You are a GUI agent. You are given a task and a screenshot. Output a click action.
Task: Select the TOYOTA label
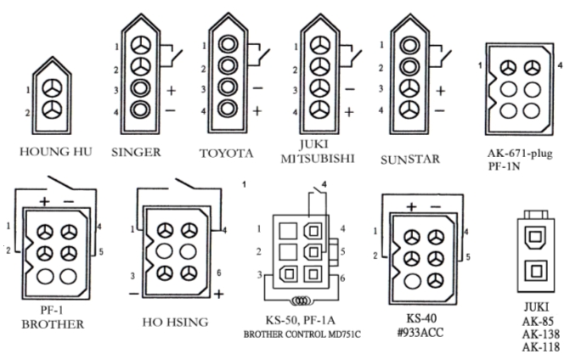[x=226, y=154]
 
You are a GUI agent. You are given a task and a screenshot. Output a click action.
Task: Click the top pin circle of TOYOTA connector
[x=228, y=45]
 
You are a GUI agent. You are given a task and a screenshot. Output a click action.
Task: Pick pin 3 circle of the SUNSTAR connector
[x=410, y=87]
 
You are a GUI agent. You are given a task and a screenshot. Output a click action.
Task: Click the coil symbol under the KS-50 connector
[x=299, y=301]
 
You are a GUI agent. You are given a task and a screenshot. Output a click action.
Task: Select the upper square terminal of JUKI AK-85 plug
[x=536, y=239]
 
